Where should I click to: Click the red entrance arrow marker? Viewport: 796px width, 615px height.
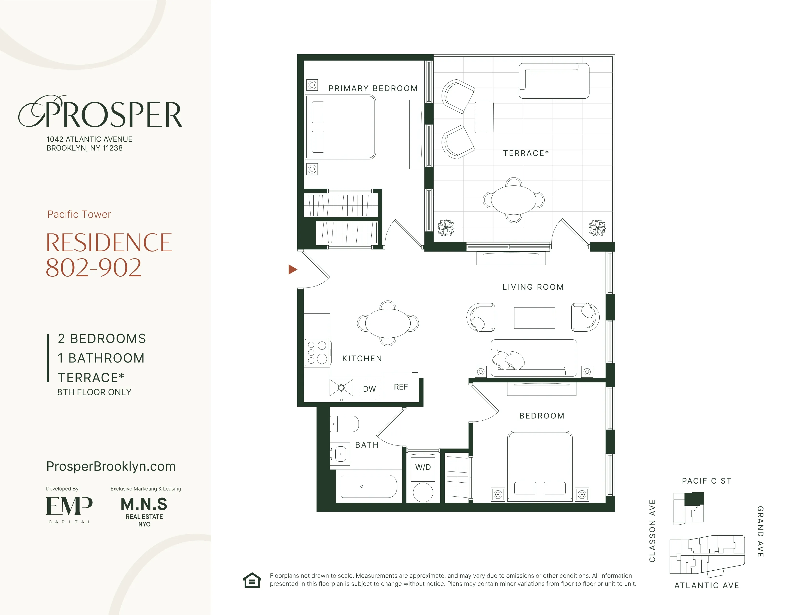(x=292, y=270)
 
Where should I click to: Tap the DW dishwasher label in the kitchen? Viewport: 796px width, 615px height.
(x=369, y=389)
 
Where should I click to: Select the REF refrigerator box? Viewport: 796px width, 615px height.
(x=401, y=387)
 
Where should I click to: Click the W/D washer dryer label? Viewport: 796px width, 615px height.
(x=423, y=467)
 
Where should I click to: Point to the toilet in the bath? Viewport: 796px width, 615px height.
(x=344, y=424)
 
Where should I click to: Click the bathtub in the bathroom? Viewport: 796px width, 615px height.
(x=368, y=486)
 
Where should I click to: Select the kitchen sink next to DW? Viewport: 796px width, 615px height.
(x=341, y=388)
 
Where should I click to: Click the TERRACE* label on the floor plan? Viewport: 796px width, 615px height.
(x=526, y=153)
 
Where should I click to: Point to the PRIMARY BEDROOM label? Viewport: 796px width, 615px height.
(x=373, y=89)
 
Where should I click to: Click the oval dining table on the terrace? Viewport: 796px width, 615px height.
(x=513, y=200)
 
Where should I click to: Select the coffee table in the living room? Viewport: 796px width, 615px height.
(x=534, y=318)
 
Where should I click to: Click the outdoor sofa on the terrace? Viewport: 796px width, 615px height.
(x=554, y=81)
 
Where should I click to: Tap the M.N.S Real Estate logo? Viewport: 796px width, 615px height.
(x=144, y=512)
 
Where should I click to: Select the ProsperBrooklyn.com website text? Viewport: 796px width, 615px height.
(x=111, y=466)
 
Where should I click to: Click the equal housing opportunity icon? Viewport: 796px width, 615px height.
(x=252, y=580)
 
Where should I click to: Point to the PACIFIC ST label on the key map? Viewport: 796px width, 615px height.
(x=706, y=481)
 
